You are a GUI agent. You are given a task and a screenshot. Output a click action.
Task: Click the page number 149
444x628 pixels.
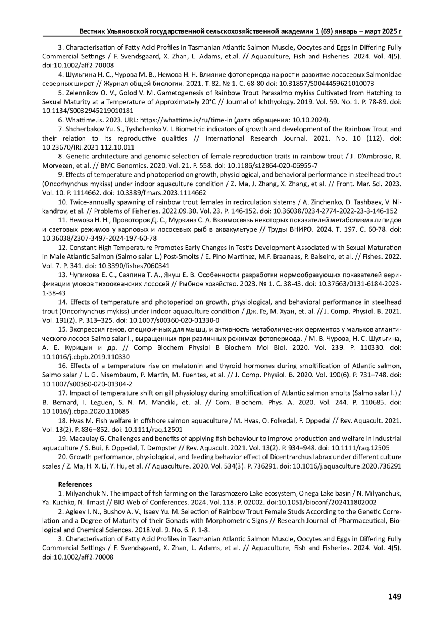[x=394, y=596]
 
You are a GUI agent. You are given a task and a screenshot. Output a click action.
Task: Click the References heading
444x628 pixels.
[x=75, y=484]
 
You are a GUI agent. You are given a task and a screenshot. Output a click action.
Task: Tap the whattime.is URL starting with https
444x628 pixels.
[x=166, y=120]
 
